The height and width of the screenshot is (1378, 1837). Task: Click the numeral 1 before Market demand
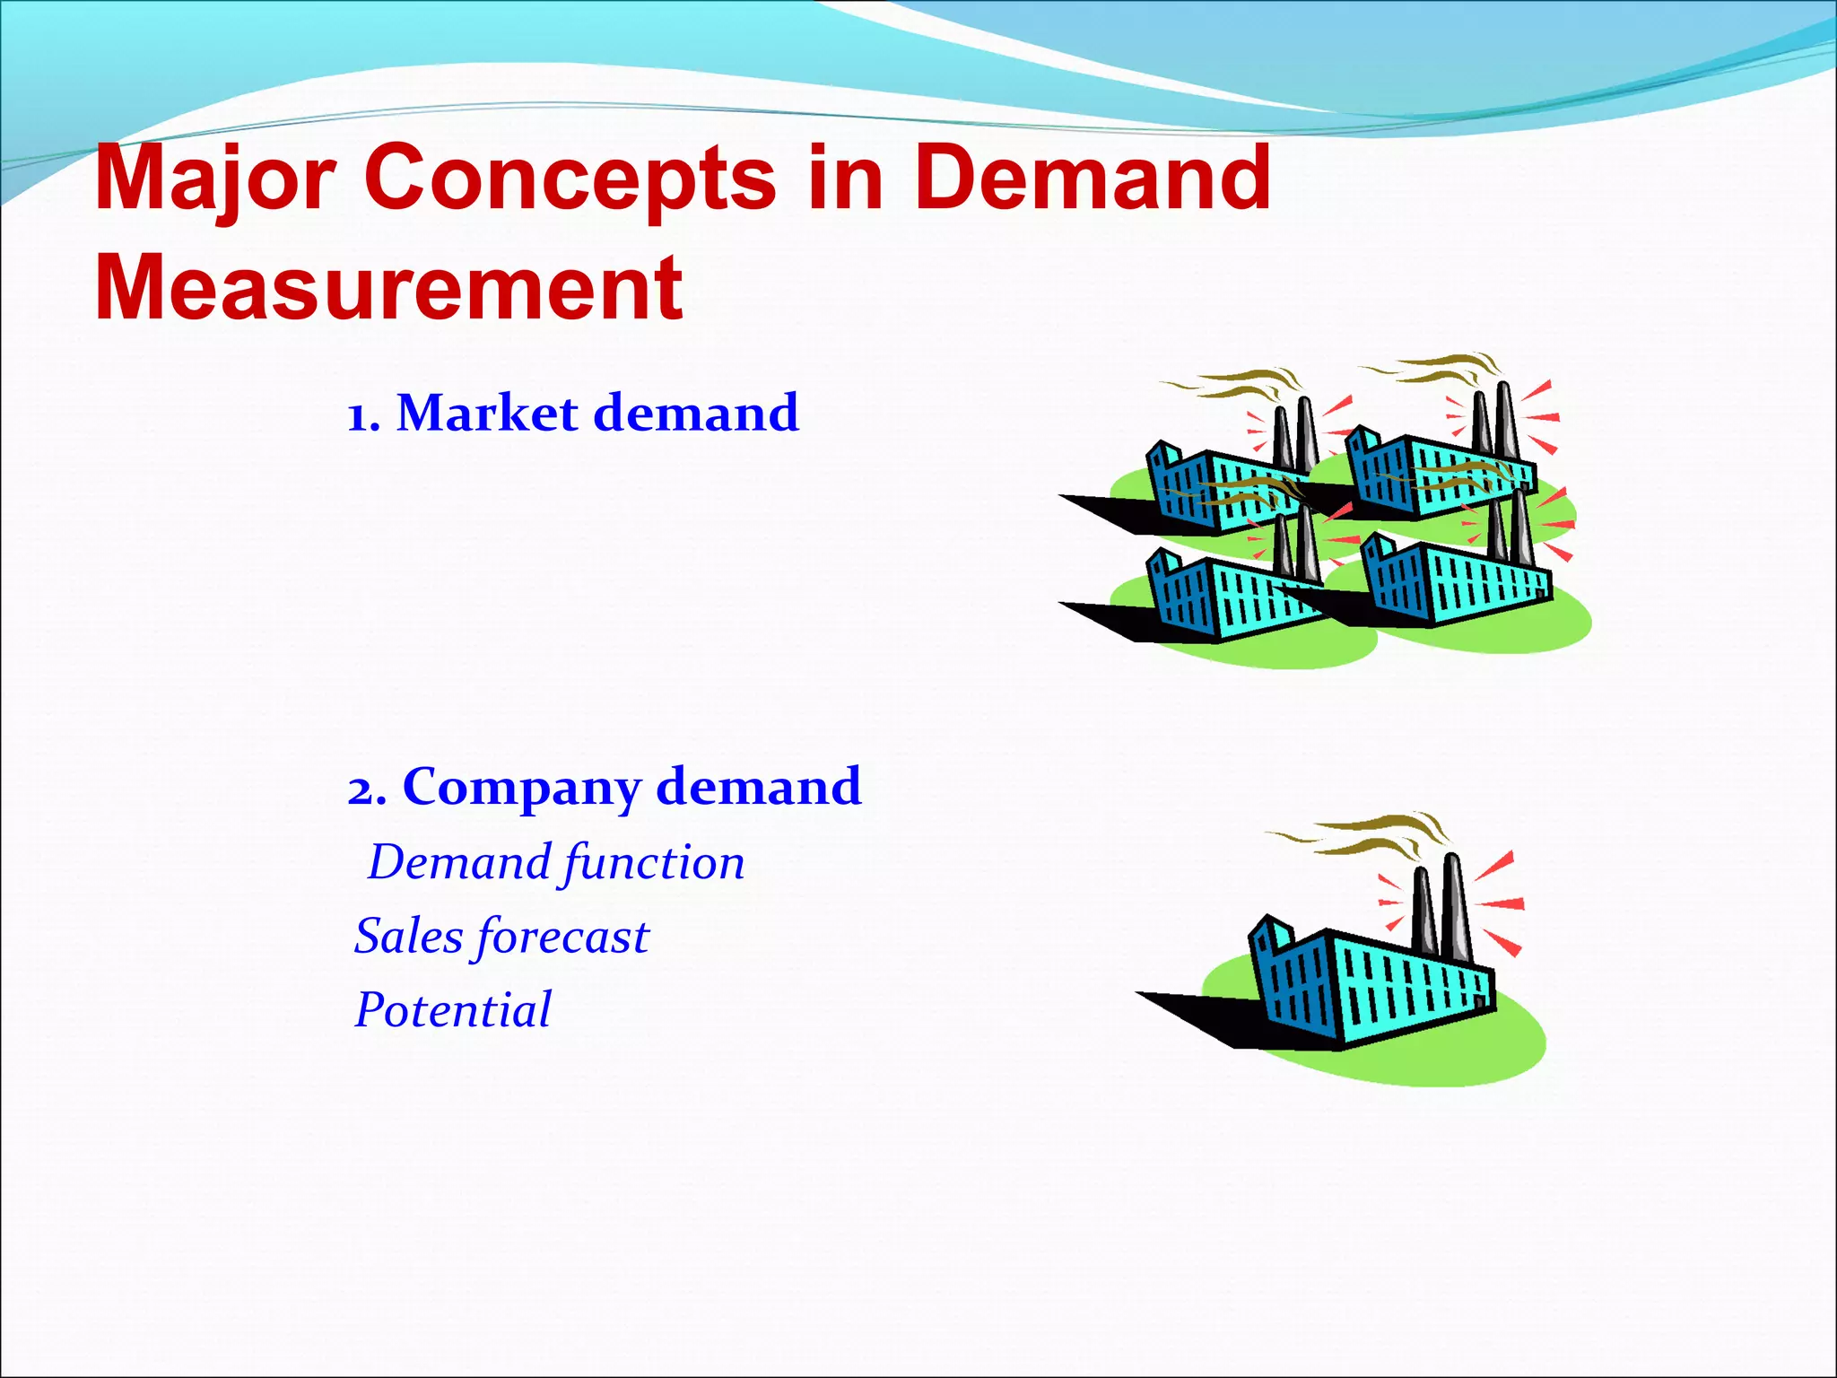click(359, 417)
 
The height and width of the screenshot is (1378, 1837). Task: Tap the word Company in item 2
click(521, 788)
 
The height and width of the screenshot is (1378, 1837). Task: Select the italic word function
click(654, 864)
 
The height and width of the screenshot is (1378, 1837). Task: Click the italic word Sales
click(408, 937)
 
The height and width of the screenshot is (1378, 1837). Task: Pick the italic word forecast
click(562, 938)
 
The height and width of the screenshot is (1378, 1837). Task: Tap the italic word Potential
click(453, 1010)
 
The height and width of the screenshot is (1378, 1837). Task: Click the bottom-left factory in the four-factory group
click(1229, 597)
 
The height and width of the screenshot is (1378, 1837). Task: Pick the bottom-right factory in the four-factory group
click(1453, 583)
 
